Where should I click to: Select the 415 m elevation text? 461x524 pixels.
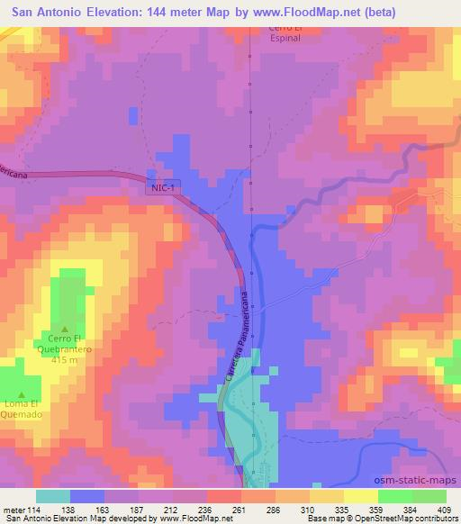point(65,360)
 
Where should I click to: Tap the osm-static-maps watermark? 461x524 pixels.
point(410,477)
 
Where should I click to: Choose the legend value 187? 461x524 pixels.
point(137,509)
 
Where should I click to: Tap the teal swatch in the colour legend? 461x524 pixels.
point(54,496)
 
